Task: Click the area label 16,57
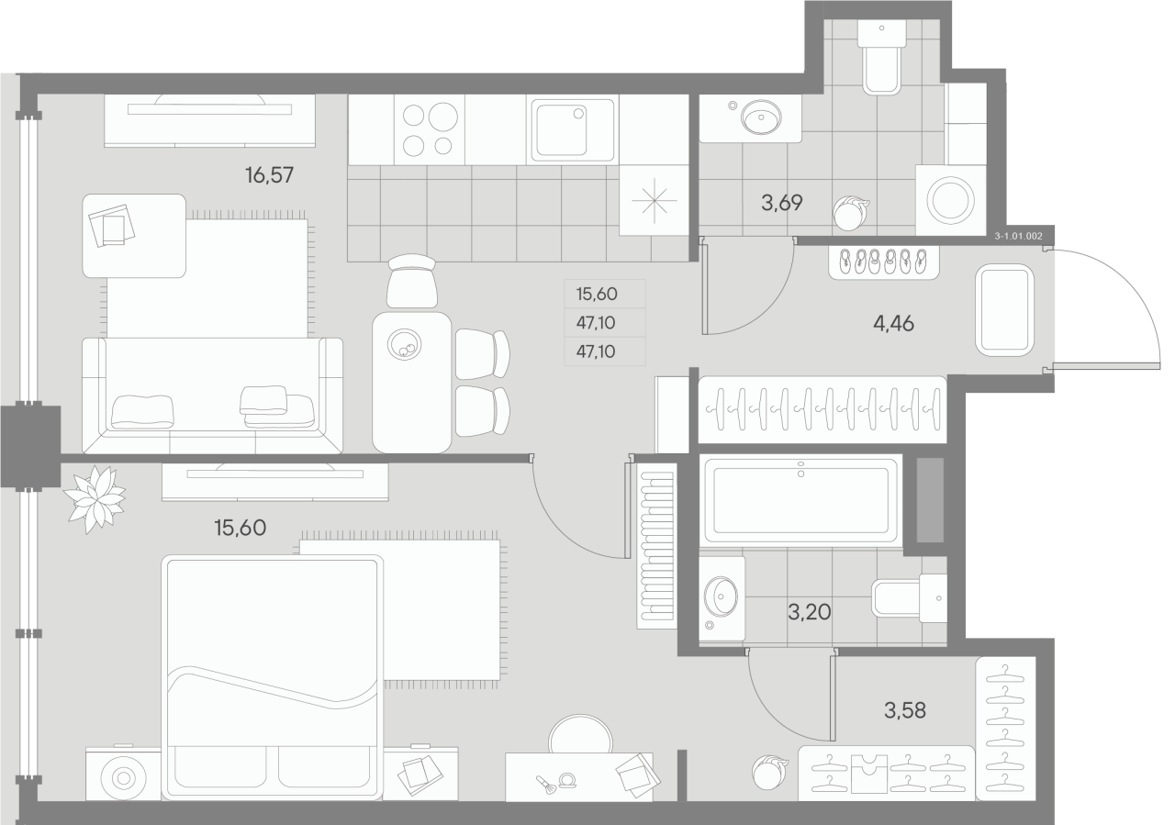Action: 269,174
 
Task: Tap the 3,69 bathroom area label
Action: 782,203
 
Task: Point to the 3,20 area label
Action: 809,611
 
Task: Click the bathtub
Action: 799,500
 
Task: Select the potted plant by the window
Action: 95,498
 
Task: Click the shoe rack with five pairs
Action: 883,262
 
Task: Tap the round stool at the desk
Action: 581,735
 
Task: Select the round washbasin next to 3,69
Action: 761,116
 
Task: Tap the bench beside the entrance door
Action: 1005,310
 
